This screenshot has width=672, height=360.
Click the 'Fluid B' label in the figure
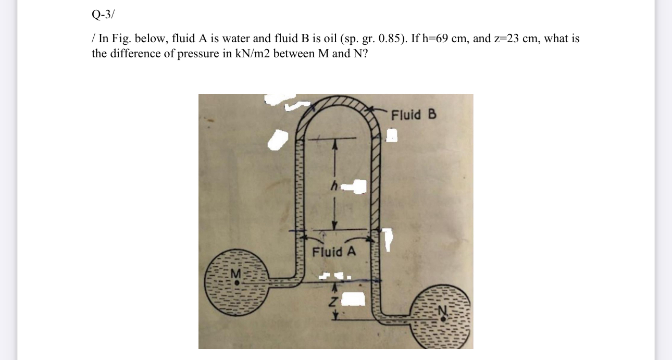point(414,115)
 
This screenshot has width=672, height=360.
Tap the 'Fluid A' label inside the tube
point(334,252)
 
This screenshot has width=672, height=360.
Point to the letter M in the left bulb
point(237,272)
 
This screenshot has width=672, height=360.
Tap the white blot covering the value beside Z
point(355,299)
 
